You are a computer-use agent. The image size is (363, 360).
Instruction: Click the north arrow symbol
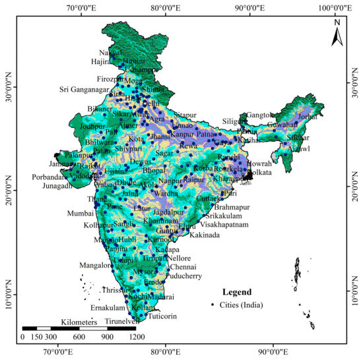[x=337, y=32]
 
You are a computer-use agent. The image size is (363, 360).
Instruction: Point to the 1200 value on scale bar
[x=137, y=337]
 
